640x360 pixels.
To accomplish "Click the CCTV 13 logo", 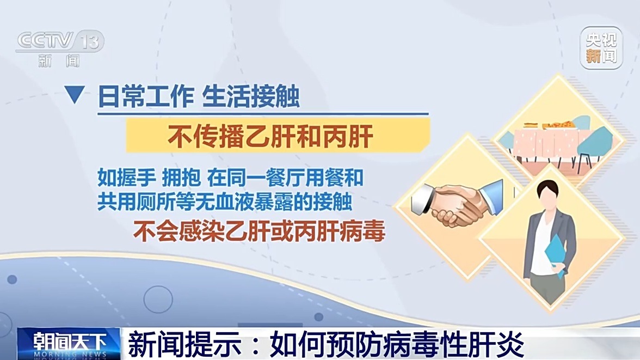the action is coord(60,48).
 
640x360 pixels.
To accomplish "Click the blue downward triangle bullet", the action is coord(74,94).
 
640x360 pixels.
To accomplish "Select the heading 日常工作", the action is coord(146,96).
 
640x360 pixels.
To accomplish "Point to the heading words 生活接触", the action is coord(251,96).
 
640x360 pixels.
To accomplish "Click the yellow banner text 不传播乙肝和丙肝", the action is coord(270,137).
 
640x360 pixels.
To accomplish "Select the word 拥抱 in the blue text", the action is coord(181,178).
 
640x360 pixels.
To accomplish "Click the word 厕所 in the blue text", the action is coord(156,202).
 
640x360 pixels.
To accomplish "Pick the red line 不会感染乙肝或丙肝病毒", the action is coord(259,231).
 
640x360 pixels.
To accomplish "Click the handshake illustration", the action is coord(457,203).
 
